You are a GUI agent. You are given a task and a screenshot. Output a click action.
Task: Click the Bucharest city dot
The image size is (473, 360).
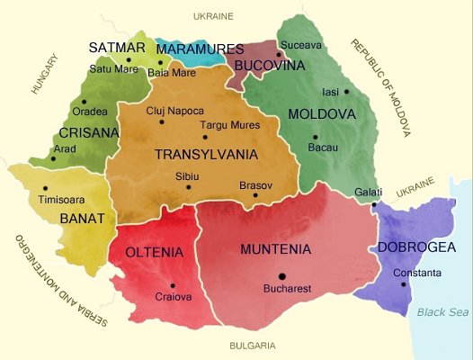[282, 276]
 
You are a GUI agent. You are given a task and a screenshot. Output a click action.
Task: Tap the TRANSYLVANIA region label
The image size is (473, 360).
[206, 155]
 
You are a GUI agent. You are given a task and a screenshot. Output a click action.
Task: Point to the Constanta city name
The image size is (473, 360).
[415, 273]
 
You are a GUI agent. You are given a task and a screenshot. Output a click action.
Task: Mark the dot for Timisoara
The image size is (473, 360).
[45, 188]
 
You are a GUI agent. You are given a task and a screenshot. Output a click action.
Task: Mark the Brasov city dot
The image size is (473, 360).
[255, 195]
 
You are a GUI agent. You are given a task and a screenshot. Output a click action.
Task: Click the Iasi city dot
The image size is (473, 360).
[346, 92]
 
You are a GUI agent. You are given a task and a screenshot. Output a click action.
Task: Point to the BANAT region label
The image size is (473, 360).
[82, 218]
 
